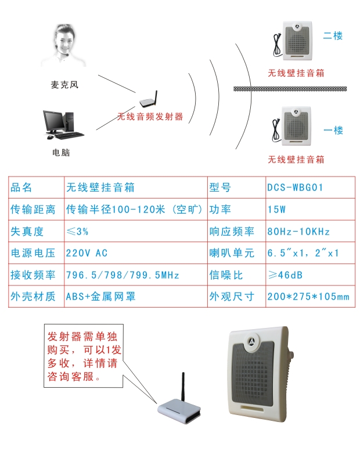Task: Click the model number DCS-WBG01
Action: point(295,187)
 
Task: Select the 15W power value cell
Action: point(276,210)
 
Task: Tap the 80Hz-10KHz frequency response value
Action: point(298,232)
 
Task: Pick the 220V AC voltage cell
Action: point(87,253)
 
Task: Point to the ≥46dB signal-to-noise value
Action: point(285,275)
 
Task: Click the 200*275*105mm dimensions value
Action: point(308,297)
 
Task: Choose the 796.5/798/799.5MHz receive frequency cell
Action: point(123,275)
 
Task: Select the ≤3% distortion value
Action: point(77,231)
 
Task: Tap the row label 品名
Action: point(21,187)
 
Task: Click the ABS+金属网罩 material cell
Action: point(100,297)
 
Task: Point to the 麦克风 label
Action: point(64,85)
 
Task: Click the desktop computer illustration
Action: point(63,125)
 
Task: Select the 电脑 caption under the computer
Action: point(61,153)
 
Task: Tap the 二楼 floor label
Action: point(333,35)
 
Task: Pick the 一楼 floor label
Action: point(333,130)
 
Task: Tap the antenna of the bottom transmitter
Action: point(183,386)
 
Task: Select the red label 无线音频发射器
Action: point(150,117)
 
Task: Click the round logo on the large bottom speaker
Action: point(252,341)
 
